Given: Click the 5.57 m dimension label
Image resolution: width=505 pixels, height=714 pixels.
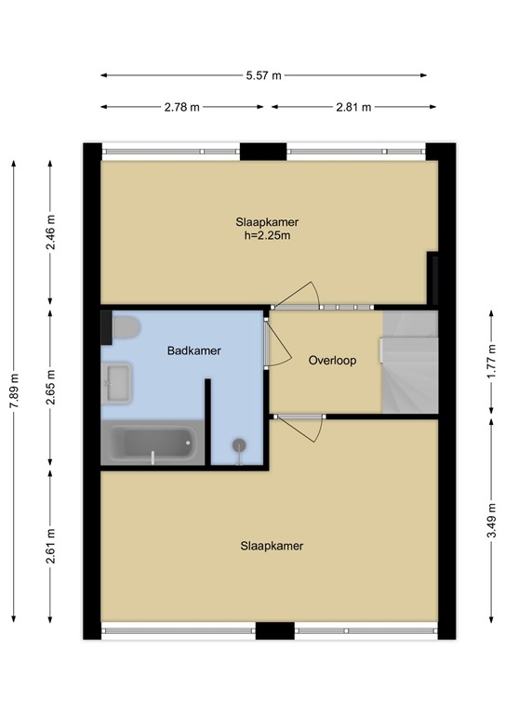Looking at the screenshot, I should point(264,76).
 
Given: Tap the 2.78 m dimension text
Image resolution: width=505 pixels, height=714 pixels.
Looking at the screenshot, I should point(182,107).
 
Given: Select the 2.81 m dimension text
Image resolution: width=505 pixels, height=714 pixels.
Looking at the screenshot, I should point(354,107).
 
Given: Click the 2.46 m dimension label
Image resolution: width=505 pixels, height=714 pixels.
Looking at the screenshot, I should point(51,232).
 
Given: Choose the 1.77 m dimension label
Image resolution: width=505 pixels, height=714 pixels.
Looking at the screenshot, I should point(491,362).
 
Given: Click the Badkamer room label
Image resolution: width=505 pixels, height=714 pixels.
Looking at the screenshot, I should point(194,350).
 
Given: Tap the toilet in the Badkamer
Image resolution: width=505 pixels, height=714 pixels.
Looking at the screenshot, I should point(125,327).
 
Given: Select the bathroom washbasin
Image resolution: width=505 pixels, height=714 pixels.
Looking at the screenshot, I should point(117,383).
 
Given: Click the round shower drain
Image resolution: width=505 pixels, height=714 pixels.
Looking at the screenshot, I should point(239,445).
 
